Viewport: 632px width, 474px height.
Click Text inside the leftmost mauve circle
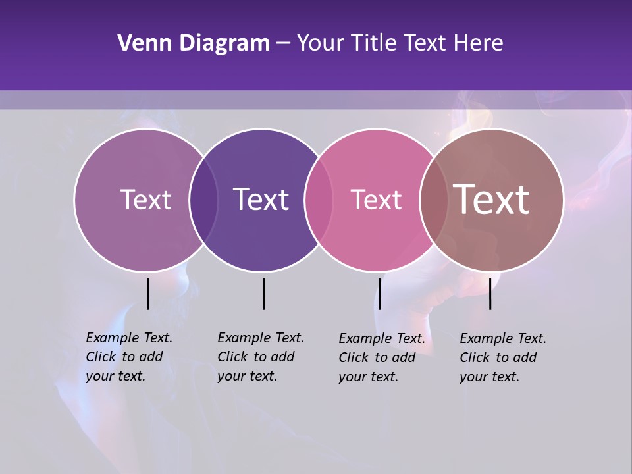[145, 199]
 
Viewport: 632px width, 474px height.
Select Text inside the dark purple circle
[261, 199]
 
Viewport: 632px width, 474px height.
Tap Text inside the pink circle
[376, 199]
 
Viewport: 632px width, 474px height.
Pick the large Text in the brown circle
[492, 199]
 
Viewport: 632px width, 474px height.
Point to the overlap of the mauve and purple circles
[203, 199]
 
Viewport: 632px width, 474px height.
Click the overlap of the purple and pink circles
[319, 199]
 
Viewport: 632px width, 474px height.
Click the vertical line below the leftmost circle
[147, 294]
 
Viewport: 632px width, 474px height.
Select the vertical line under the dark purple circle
[263, 294]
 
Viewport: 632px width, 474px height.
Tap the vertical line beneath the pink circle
[379, 294]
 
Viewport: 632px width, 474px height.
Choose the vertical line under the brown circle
[490, 294]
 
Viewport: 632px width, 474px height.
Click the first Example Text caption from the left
[129, 357]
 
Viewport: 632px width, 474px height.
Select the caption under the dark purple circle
[261, 357]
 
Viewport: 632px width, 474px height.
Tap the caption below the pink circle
[382, 357]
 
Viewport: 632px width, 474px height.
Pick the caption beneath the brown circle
[503, 357]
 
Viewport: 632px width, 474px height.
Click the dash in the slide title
[283, 44]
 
